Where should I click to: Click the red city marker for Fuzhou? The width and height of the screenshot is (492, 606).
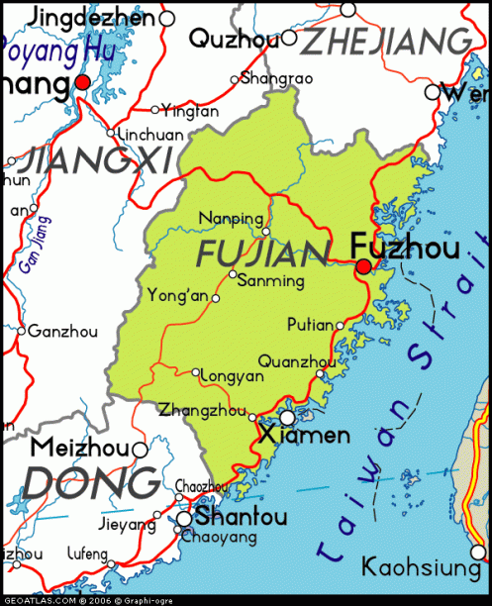(x=363, y=266)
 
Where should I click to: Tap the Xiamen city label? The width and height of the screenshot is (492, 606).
(x=304, y=435)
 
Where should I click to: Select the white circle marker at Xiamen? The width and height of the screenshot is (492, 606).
(x=287, y=417)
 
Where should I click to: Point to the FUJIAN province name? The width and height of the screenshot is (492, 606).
(x=262, y=252)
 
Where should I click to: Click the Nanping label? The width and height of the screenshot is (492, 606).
(x=232, y=219)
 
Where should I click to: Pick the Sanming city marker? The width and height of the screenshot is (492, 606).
(x=233, y=274)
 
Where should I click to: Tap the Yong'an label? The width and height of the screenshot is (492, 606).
(x=177, y=294)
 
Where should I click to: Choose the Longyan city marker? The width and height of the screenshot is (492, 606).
(x=196, y=372)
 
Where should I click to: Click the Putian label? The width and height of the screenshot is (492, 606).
(x=309, y=324)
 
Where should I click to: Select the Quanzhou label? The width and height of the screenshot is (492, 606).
(x=296, y=361)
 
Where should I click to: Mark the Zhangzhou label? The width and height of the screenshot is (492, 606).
(x=203, y=407)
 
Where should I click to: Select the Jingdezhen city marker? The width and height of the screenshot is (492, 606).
(x=166, y=18)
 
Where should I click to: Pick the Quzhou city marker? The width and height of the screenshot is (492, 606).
(x=289, y=39)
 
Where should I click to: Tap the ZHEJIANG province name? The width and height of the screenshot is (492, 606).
(x=386, y=41)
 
